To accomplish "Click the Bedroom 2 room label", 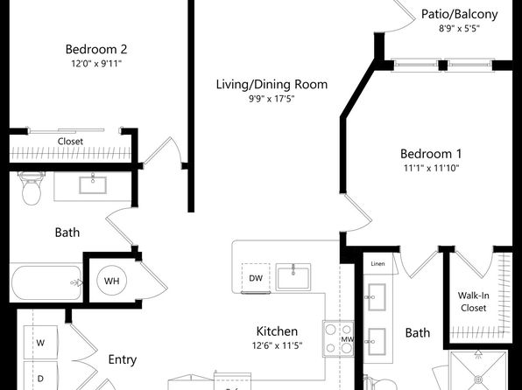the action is tap(96, 49).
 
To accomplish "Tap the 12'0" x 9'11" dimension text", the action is tap(96, 63).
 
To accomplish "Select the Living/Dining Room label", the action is tap(272, 85).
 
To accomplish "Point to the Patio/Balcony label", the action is tap(460, 14).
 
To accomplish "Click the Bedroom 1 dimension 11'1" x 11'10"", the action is tap(432, 168).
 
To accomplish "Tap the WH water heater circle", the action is tap(112, 281).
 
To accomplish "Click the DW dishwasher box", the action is tap(256, 278).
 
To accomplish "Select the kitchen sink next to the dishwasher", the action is tap(293, 277).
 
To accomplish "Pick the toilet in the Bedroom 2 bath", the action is tap(32, 188).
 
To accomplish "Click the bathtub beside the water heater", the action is tap(46, 282).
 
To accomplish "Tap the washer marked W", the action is tap(40, 343).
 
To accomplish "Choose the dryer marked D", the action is tap(40, 378).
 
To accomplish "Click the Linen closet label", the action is tap(377, 264).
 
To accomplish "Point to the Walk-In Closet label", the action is tap(474, 302).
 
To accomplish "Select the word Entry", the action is tap(123, 359).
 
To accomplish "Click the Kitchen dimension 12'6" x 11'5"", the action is tap(277, 345).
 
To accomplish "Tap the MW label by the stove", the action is tap(348, 339).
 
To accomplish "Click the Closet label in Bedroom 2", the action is tap(70, 142).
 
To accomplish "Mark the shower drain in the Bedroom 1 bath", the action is tap(478, 379).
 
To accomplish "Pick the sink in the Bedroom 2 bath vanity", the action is tap(93, 185).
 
